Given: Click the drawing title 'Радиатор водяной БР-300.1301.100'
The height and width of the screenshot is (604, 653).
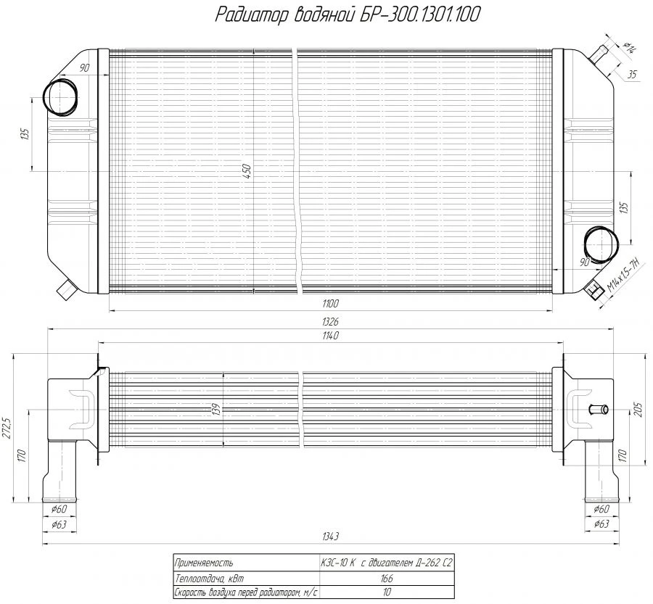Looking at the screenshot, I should tap(348, 15).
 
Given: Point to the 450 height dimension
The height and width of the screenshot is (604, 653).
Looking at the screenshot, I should tap(247, 171).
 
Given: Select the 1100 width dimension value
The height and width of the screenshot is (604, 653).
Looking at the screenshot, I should tap(332, 303).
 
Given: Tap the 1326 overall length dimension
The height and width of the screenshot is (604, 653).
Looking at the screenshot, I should tap(333, 321).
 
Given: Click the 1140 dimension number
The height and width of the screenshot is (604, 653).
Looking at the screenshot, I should tap(333, 336).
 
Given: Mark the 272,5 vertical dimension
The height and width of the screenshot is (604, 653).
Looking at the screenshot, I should tap(7, 429).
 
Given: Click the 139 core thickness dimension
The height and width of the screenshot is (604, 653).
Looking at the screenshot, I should tap(216, 410).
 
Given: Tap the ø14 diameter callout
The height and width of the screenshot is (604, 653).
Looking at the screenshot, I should tap(628, 48).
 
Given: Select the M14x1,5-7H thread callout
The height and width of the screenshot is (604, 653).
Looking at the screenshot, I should tap(623, 276).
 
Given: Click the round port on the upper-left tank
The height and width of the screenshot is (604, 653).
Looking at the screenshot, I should tap(59, 96).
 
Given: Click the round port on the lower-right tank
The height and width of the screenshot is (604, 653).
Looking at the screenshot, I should tap(599, 243).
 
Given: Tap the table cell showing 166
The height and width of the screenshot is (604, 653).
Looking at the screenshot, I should tap(386, 579).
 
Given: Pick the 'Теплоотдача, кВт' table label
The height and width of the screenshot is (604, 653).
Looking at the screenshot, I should tap(210, 579).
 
